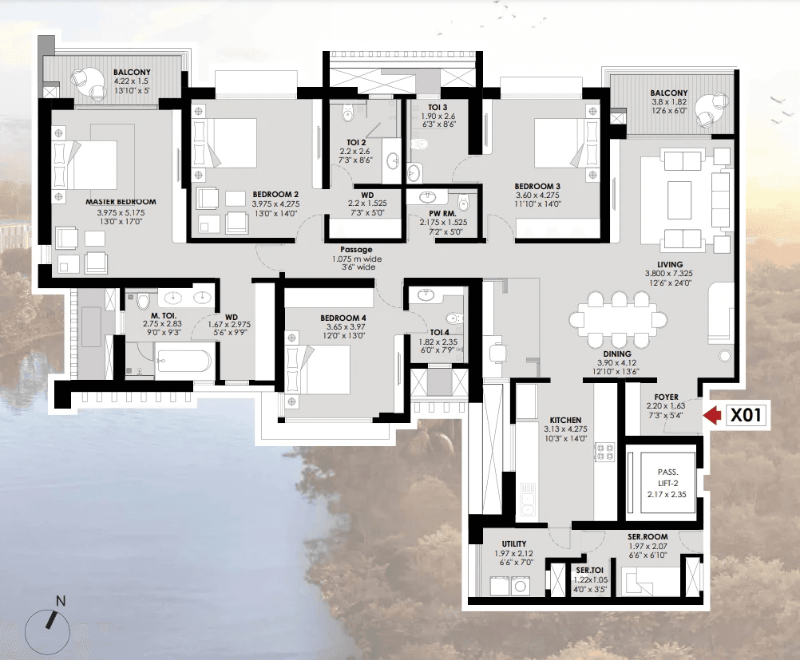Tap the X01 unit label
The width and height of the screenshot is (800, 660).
(x=746, y=415)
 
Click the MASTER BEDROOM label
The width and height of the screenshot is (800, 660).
(x=121, y=201)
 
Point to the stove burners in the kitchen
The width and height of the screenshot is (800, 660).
(x=605, y=452)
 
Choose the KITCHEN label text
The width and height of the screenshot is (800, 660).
(x=565, y=421)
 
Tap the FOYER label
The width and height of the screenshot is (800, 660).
(x=667, y=397)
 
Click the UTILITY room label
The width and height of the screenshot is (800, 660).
(x=514, y=543)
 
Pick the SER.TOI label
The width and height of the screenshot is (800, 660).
(x=590, y=571)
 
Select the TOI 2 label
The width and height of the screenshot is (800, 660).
(x=356, y=142)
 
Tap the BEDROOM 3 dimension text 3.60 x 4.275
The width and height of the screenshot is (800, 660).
(x=537, y=195)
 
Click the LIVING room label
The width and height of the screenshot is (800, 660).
(x=669, y=264)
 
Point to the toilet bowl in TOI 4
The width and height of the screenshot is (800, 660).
(x=453, y=320)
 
